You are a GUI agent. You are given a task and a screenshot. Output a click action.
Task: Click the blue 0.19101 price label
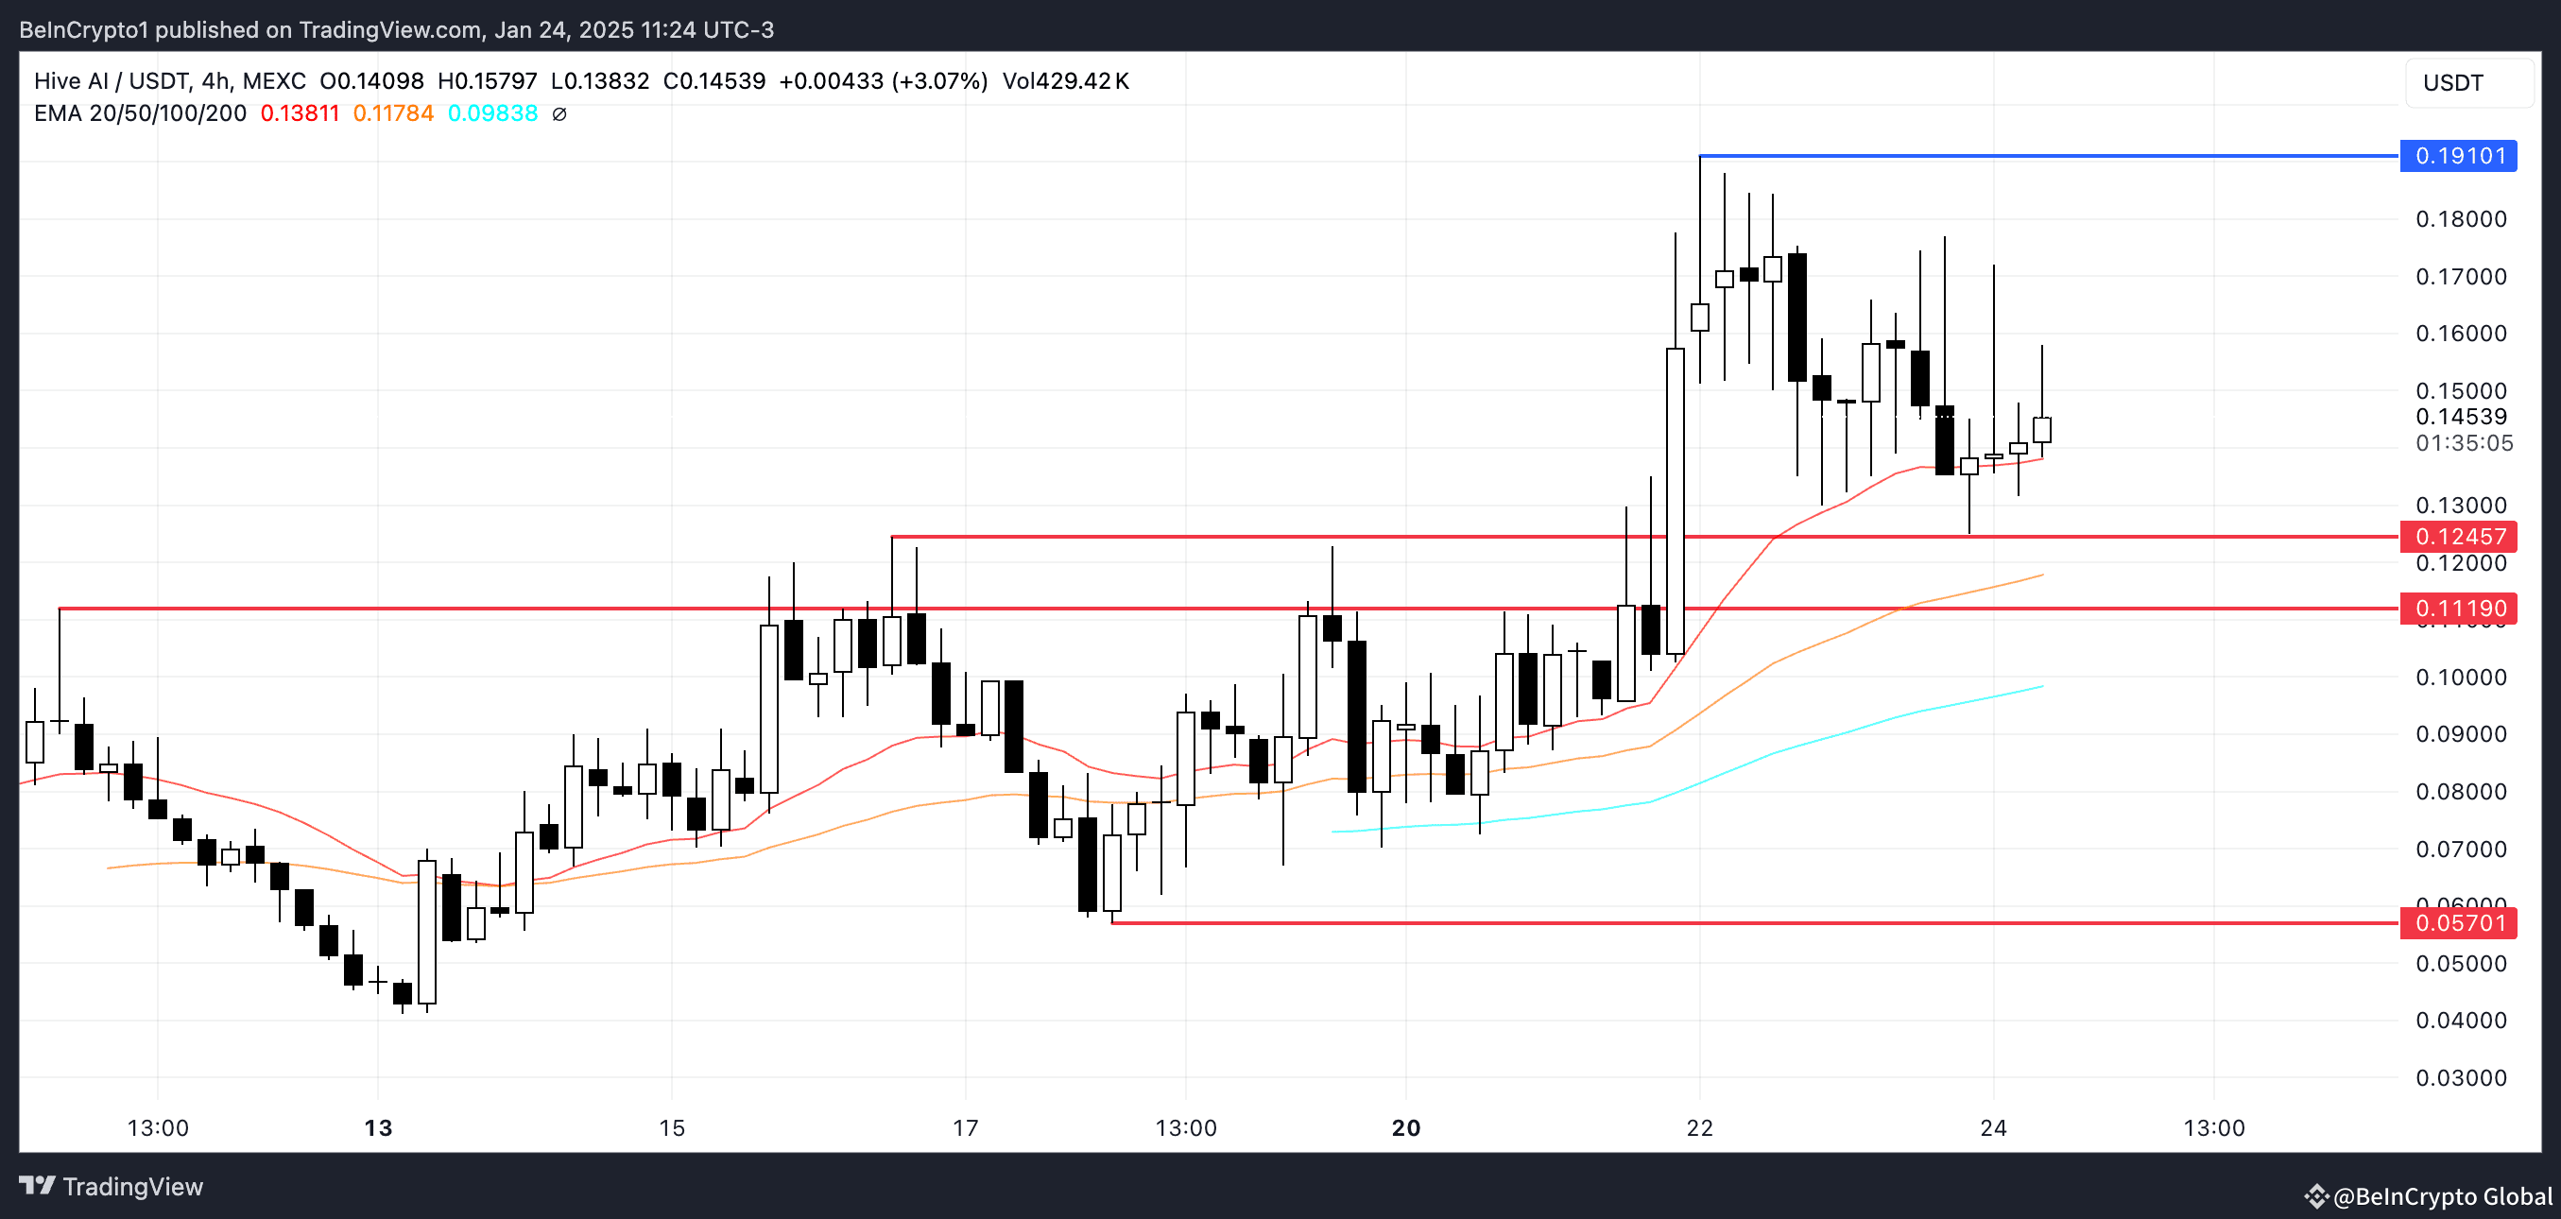coord(2458,156)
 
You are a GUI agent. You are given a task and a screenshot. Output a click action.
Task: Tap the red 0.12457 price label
coord(2458,537)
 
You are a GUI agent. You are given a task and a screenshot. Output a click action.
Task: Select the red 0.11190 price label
coord(2458,609)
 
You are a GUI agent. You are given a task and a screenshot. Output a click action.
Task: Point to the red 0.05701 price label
coord(2458,922)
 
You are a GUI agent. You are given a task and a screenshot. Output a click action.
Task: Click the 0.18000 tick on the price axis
coord(2461,218)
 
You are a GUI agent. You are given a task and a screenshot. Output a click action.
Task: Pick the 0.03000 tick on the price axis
coord(2461,1078)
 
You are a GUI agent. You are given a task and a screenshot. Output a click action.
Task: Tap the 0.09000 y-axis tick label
coord(2461,734)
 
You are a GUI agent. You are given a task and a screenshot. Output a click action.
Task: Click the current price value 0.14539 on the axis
coord(2461,417)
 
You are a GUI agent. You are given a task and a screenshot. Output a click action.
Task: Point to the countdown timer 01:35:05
coord(2464,442)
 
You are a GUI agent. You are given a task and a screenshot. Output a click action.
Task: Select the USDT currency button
coord(2452,82)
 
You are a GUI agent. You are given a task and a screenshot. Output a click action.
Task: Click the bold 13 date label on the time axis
coord(378,1127)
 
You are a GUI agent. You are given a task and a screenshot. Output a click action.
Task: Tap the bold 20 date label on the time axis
coord(1406,1127)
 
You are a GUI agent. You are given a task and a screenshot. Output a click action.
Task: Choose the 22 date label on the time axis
coord(1700,1127)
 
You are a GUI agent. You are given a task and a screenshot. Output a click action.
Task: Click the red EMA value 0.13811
coord(300,113)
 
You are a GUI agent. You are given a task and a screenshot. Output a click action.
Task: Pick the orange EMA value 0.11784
coord(393,113)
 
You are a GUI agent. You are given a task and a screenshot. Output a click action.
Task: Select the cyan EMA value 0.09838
coord(492,113)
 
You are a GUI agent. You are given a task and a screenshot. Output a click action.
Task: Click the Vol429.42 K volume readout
coord(1065,80)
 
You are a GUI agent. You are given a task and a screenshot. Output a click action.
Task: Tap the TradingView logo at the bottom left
coord(112,1186)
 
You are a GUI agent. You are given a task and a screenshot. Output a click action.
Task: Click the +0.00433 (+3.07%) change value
coord(883,80)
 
